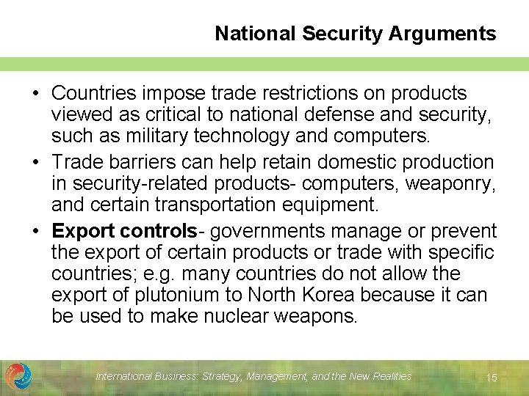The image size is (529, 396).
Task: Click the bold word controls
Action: point(159,231)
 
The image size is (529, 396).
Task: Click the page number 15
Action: point(492,378)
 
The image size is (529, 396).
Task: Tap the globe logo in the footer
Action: point(18,376)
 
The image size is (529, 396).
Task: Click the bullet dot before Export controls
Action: point(35,232)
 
